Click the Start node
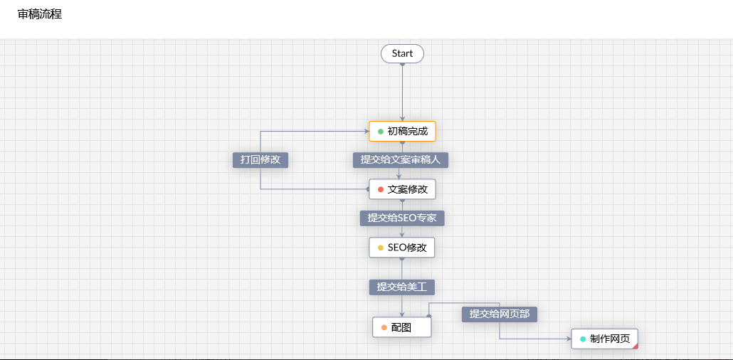tap(402, 53)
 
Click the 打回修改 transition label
tap(260, 159)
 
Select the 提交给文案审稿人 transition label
tap(400, 159)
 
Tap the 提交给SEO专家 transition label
tap(401, 218)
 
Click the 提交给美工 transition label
tap(401, 287)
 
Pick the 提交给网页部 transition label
tap(499, 314)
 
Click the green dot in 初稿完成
tap(381, 132)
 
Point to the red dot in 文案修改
tap(381, 189)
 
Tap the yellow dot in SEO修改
tap(381, 248)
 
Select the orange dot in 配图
tap(384, 327)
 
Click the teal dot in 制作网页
tap(583, 339)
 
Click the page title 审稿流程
tap(40, 14)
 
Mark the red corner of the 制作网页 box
tap(636, 346)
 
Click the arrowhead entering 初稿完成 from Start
tap(402, 119)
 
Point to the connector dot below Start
tap(402, 64)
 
